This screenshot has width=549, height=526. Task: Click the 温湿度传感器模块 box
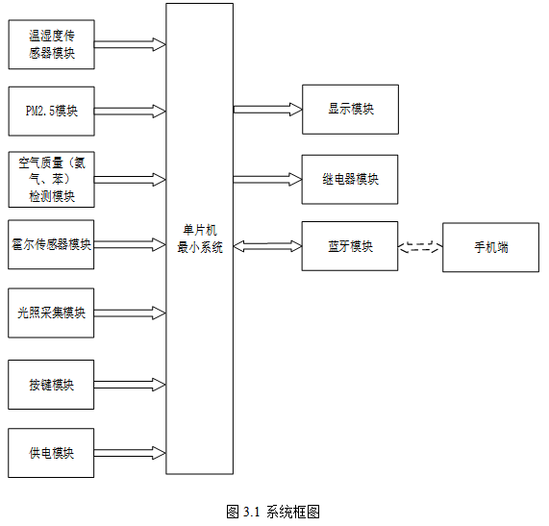pos(52,44)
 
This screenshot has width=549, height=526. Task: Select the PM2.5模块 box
pos(52,112)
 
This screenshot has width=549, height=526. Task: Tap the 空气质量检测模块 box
pos(52,179)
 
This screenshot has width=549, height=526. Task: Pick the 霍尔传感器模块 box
pos(51,244)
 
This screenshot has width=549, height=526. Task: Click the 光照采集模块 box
pos(51,313)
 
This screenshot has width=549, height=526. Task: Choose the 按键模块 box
pos(51,385)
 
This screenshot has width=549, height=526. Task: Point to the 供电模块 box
pos(51,453)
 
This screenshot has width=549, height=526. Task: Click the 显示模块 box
pos(351,110)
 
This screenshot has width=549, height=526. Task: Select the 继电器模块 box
pos(350,179)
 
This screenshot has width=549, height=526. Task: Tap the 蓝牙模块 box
pos(350,246)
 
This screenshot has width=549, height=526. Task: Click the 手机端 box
pos(491,247)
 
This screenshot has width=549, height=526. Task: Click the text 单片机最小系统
pos(200,238)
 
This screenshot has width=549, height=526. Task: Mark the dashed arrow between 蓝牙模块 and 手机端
pos(420,247)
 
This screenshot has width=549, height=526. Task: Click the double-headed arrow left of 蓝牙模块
pos(268,246)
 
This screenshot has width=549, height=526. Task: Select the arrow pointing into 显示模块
pos(268,110)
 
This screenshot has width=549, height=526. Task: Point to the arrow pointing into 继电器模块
pos(268,179)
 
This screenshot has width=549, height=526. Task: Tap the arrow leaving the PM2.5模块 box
pos(130,112)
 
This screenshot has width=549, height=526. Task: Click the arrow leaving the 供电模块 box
pos(130,453)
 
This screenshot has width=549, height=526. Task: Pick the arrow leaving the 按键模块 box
pos(130,385)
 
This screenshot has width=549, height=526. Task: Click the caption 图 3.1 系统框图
pos(273,512)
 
